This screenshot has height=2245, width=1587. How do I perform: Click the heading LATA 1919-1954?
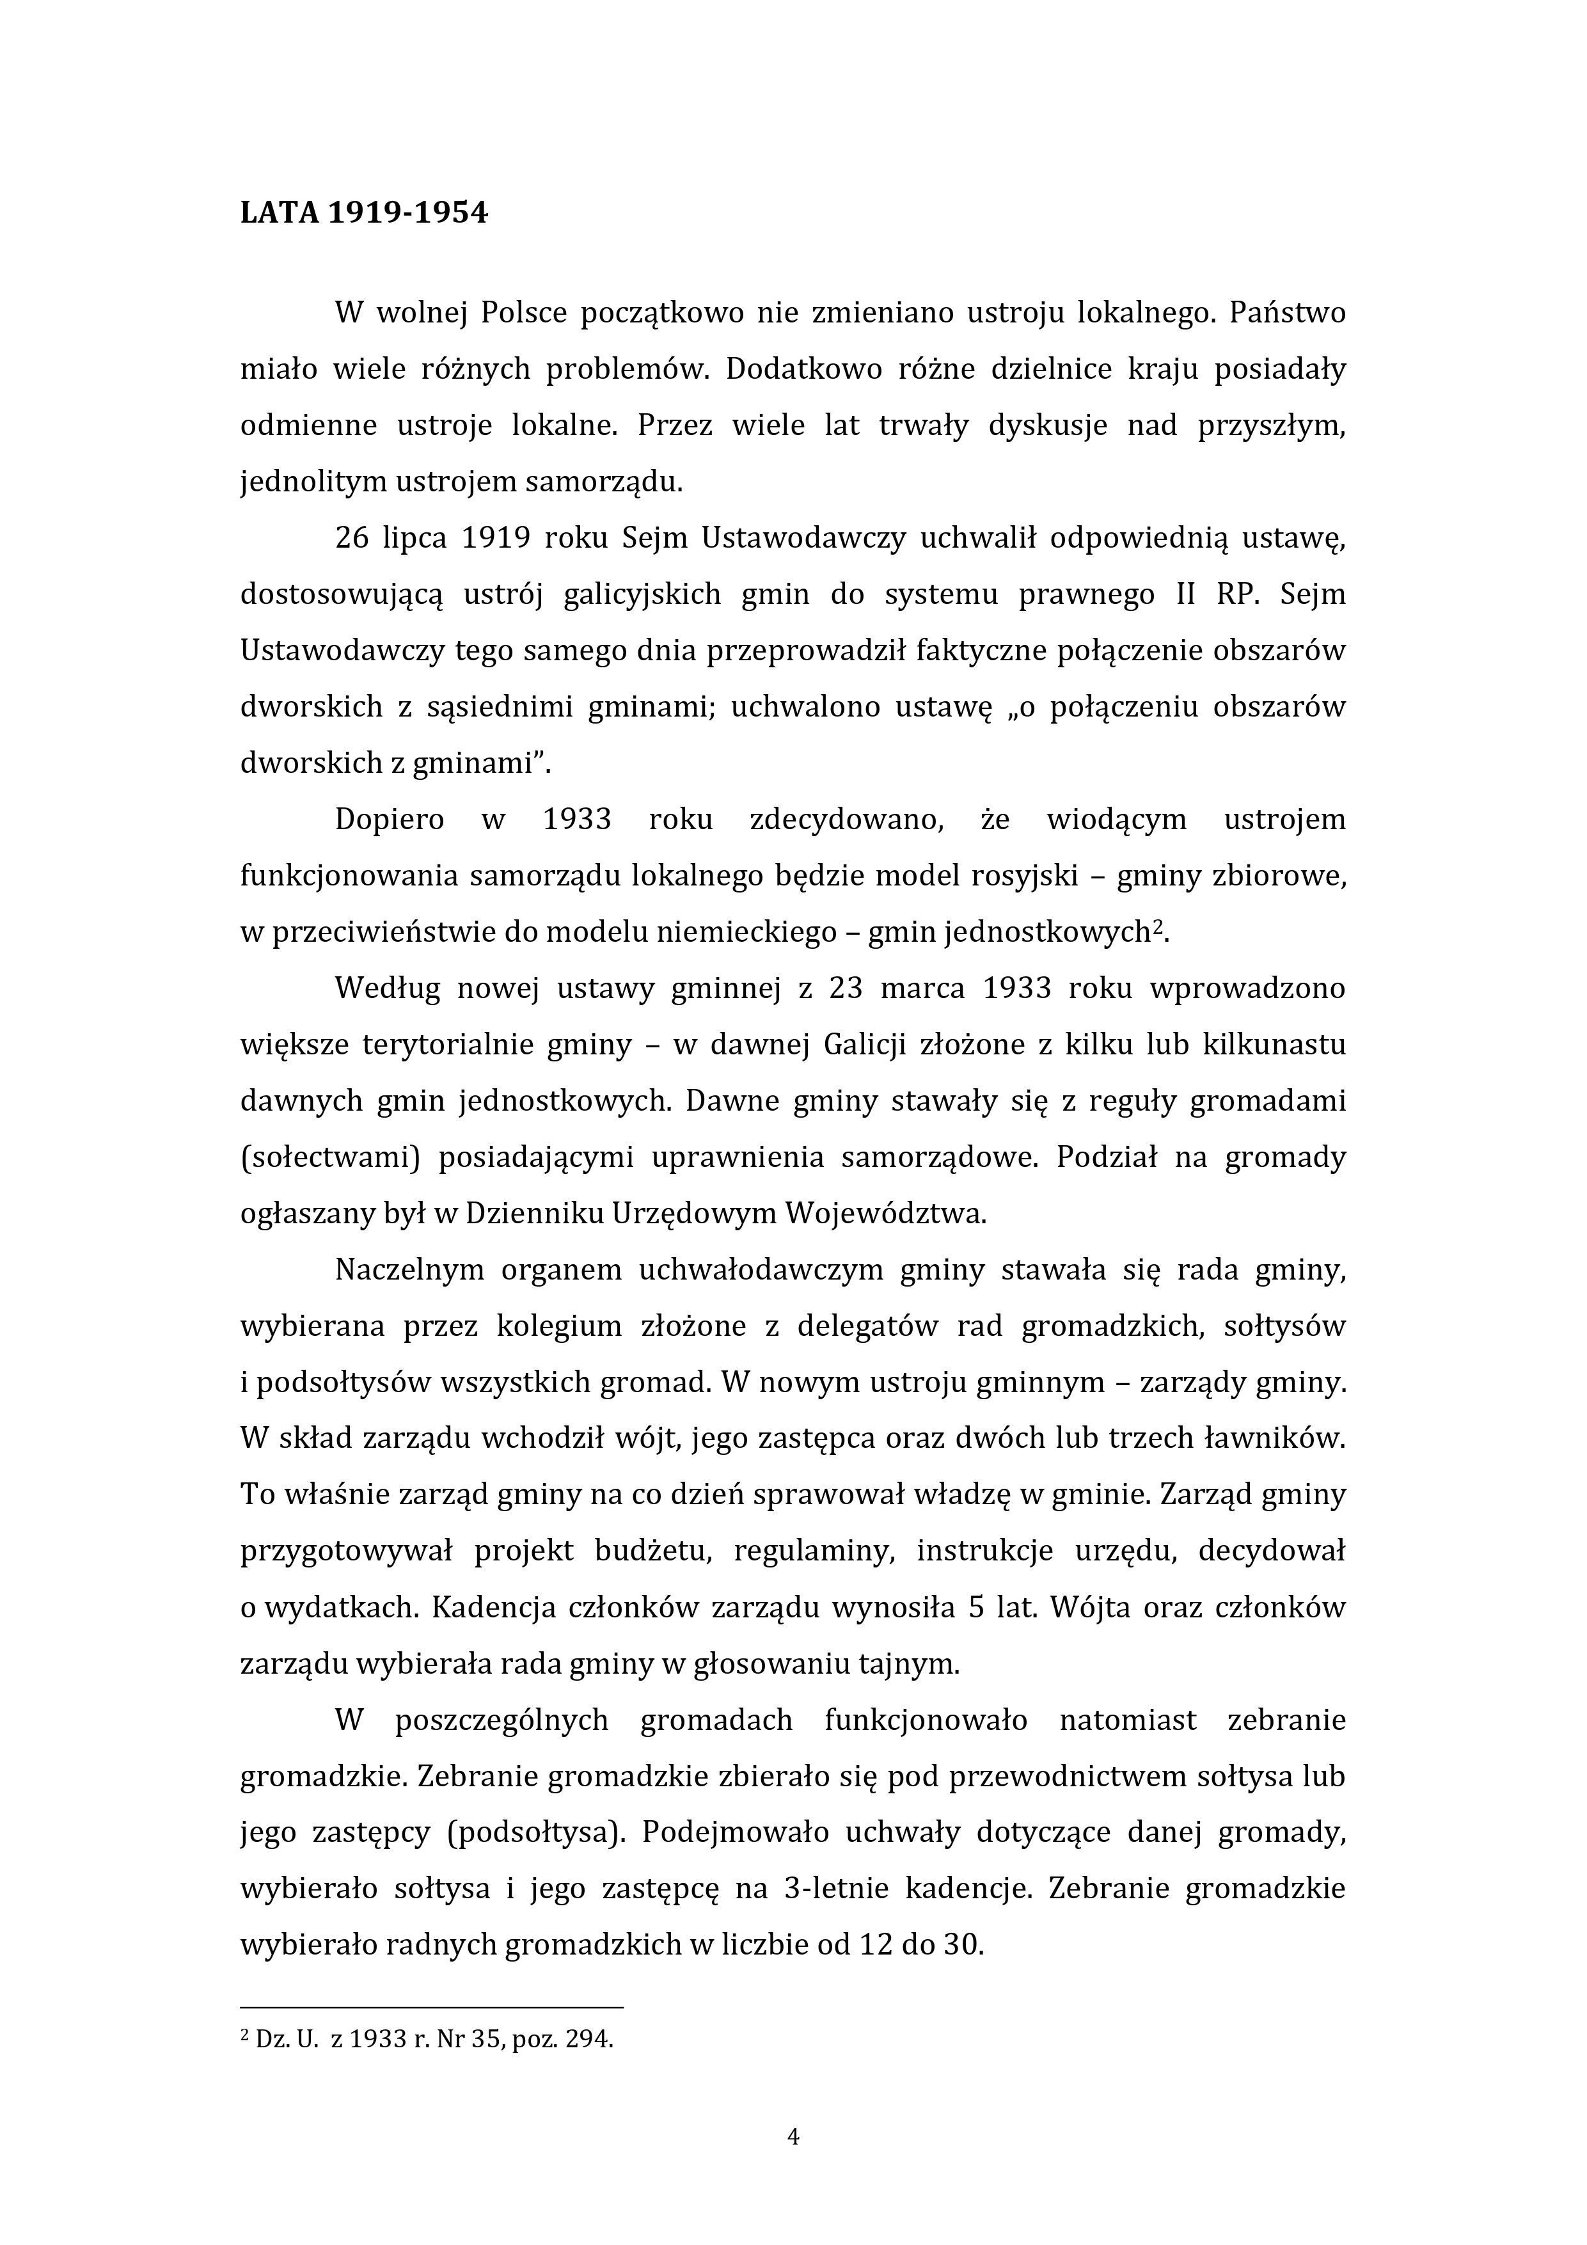click(364, 212)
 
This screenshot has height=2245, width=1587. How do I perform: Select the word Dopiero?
click(389, 820)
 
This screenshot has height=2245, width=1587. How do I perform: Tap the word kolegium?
click(559, 1327)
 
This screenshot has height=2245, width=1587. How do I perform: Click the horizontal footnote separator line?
click(431, 2008)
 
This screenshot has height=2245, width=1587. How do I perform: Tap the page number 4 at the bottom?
click(793, 2138)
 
